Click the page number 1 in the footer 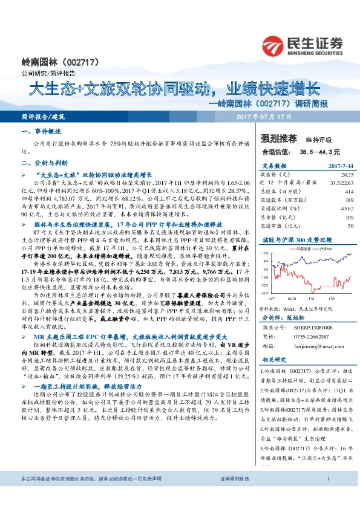coord(327,496)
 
